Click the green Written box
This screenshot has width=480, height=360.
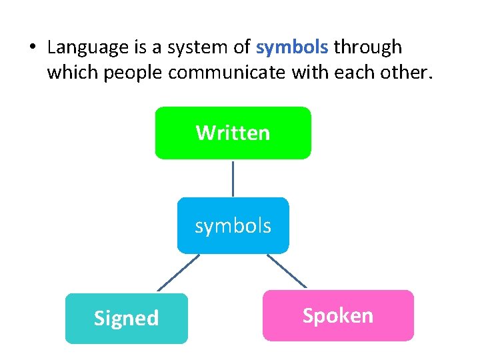(x=233, y=133)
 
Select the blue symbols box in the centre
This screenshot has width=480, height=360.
(x=233, y=225)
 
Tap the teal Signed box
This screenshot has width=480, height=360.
(x=126, y=318)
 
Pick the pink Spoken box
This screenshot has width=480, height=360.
(x=338, y=315)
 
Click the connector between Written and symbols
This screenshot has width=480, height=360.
(x=233, y=178)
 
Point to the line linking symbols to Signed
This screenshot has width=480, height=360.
(x=178, y=273)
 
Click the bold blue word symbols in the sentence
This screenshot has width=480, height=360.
(x=292, y=47)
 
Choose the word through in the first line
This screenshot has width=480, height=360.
(x=368, y=47)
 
